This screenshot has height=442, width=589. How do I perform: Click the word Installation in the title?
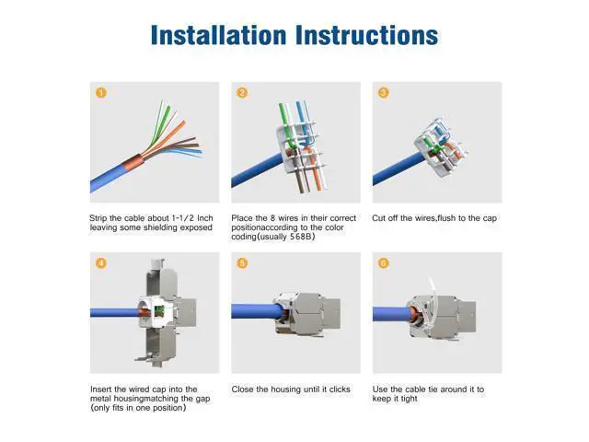219,35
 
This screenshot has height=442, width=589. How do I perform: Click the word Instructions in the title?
367,35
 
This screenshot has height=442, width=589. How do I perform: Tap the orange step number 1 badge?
101,92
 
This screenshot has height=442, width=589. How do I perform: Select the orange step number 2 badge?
242,92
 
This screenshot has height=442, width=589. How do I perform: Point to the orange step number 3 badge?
384,92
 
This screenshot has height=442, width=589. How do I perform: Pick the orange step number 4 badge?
101,262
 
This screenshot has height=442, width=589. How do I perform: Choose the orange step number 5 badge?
242,262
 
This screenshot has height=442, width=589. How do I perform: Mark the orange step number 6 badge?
384,262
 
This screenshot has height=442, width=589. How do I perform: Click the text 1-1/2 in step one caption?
183,218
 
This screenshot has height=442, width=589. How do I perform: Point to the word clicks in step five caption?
340,390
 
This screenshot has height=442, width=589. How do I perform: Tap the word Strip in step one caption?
98,218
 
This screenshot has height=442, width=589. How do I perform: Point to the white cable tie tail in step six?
433,287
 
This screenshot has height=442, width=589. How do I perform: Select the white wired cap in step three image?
441,148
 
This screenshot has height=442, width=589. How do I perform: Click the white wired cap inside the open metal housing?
155,311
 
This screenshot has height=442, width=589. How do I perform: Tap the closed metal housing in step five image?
307,314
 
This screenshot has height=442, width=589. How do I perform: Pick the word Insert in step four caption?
100,390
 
